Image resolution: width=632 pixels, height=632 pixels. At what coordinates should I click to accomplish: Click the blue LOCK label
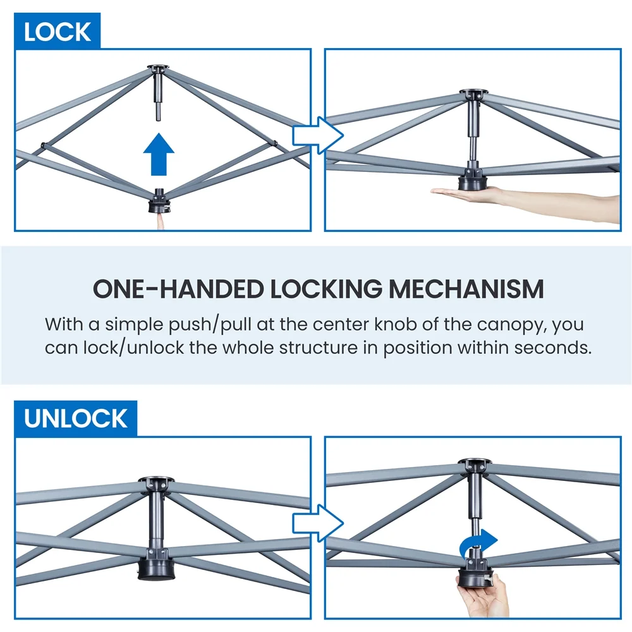tap(57, 32)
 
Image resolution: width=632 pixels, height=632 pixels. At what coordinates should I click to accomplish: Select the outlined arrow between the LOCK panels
tap(317, 135)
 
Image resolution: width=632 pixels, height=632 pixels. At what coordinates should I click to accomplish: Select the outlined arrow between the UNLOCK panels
tap(317, 523)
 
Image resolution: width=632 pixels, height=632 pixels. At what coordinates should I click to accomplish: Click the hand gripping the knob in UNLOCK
tap(483, 597)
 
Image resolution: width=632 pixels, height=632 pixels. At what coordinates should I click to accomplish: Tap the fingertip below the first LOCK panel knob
tap(160, 221)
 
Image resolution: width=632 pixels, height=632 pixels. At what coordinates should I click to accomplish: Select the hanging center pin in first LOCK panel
tap(159, 101)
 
